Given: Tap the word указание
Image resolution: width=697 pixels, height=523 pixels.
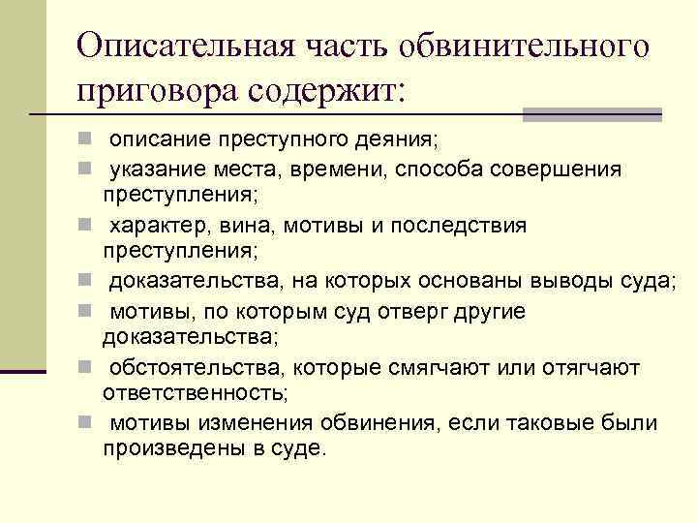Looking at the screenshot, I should [159, 169].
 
